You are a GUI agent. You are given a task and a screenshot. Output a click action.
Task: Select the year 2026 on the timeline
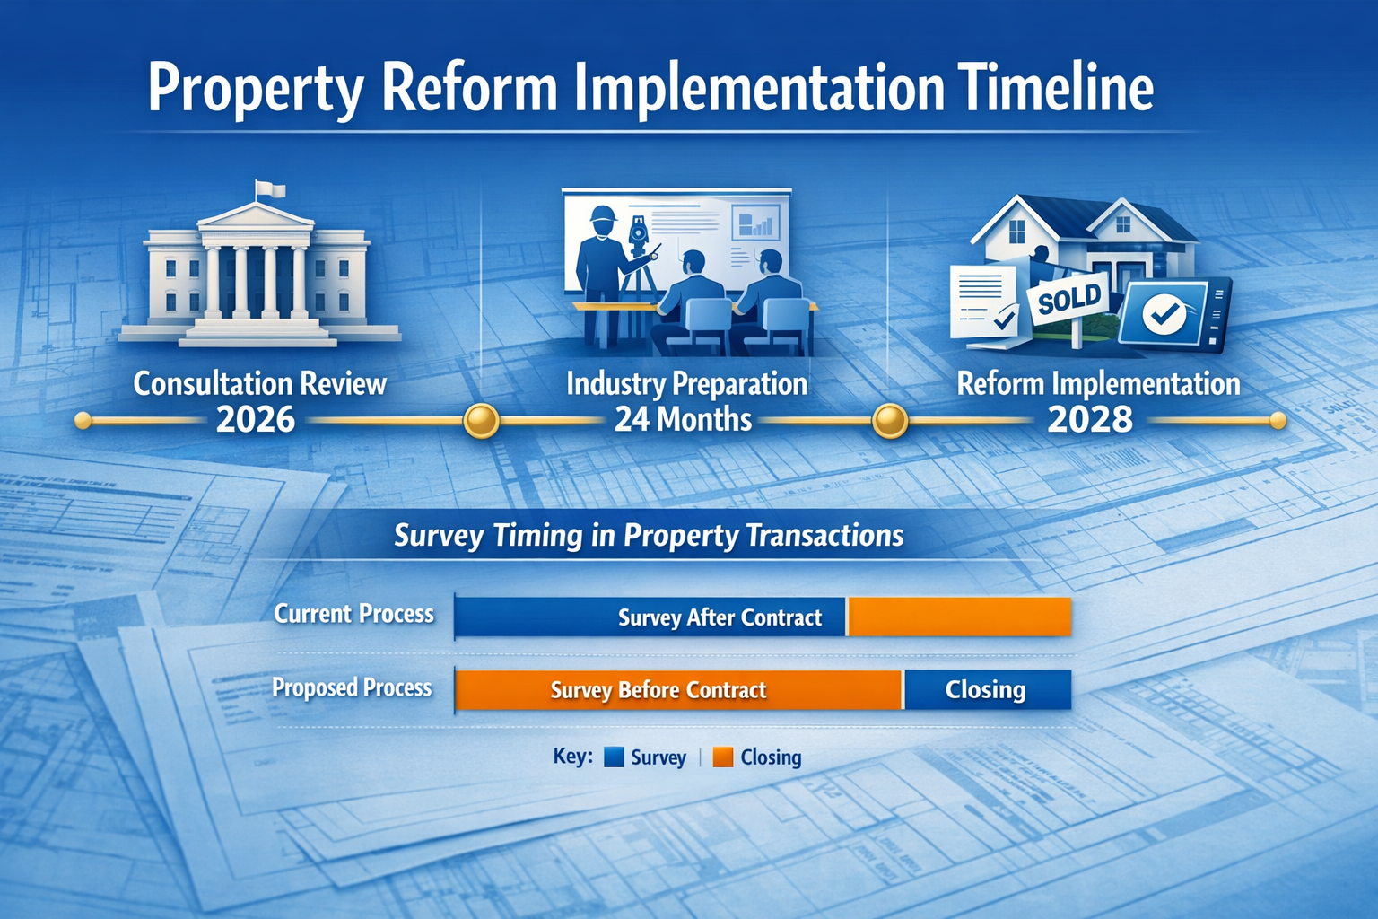click(x=256, y=420)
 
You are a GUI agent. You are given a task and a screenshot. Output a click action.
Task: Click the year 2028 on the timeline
click(x=1090, y=420)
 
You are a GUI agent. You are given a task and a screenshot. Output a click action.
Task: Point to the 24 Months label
click(x=683, y=420)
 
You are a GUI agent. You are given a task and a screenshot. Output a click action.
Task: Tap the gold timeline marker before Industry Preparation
click(x=481, y=420)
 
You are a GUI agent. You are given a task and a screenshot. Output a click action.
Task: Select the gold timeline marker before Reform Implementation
click(x=890, y=420)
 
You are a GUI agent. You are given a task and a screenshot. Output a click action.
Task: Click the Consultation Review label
click(x=259, y=384)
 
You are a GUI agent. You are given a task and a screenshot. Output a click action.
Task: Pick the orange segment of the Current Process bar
click(x=959, y=617)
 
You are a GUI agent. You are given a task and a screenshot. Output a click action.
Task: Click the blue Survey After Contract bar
click(x=650, y=617)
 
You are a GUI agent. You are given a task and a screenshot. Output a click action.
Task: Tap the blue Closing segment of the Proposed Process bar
click(x=987, y=690)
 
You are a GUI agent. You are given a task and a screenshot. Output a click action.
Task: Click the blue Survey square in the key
click(x=614, y=757)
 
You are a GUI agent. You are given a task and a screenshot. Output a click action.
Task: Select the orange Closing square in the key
click(x=723, y=757)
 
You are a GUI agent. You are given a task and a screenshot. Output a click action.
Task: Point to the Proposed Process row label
click(x=352, y=688)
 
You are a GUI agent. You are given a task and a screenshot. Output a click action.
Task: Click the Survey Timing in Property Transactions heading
click(x=649, y=536)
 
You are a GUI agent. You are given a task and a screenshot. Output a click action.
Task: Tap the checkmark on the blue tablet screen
click(x=1164, y=313)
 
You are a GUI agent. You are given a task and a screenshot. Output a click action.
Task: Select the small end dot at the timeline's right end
click(x=1278, y=420)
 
